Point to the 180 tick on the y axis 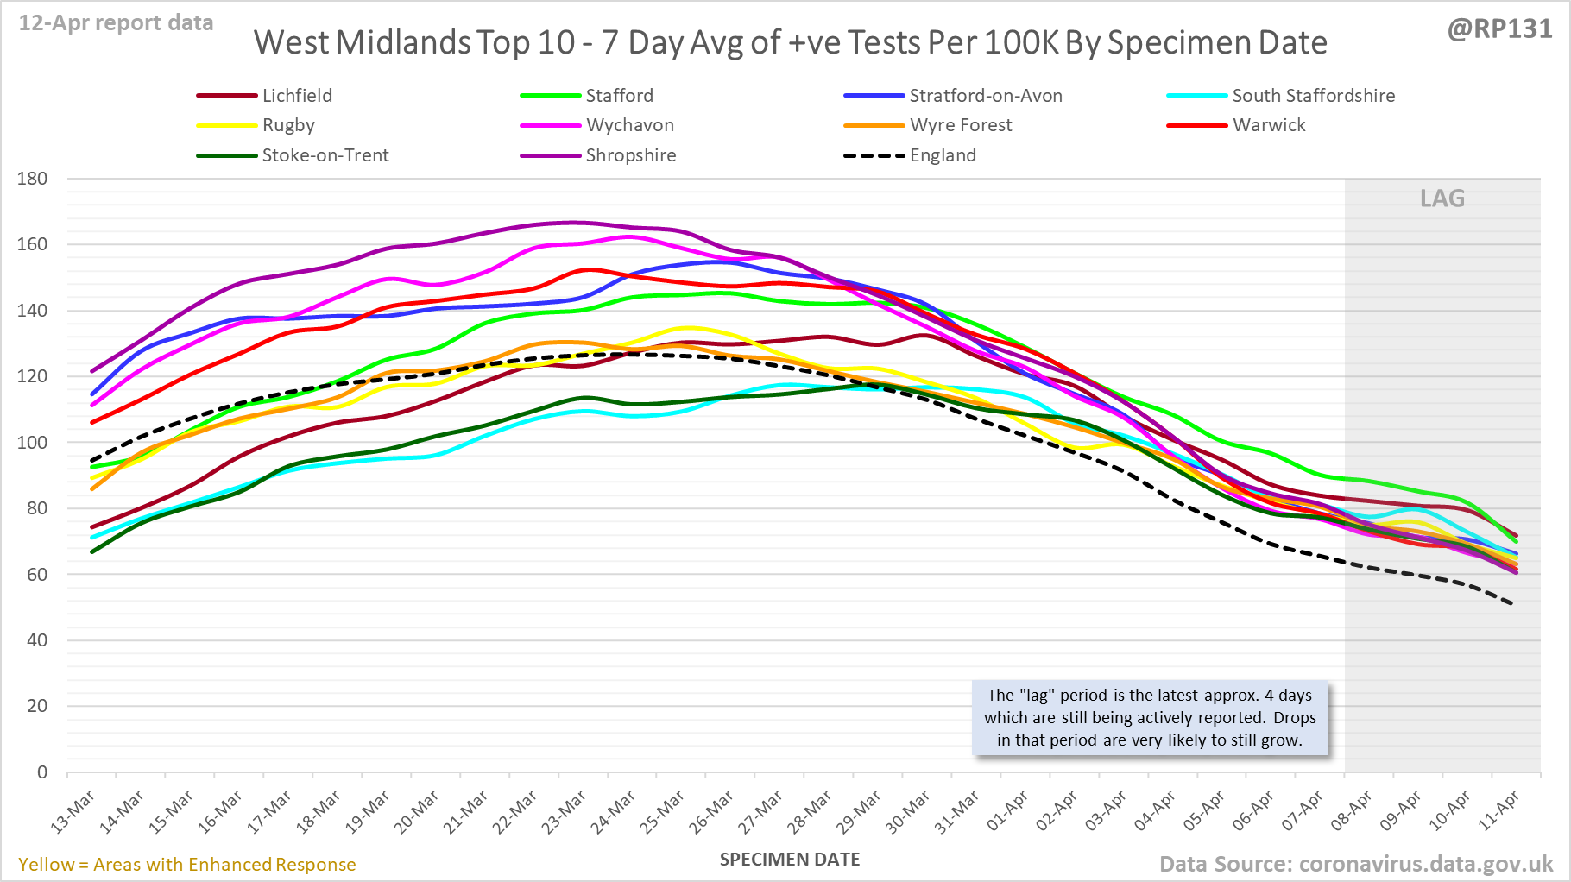33,179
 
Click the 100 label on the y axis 33,443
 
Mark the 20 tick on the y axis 37,706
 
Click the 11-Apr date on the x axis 1500,812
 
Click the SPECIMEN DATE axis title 790,860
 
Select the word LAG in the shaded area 1442,198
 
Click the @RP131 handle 1499,28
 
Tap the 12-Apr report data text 117,23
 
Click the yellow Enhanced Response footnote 187,865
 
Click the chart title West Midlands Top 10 790,42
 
